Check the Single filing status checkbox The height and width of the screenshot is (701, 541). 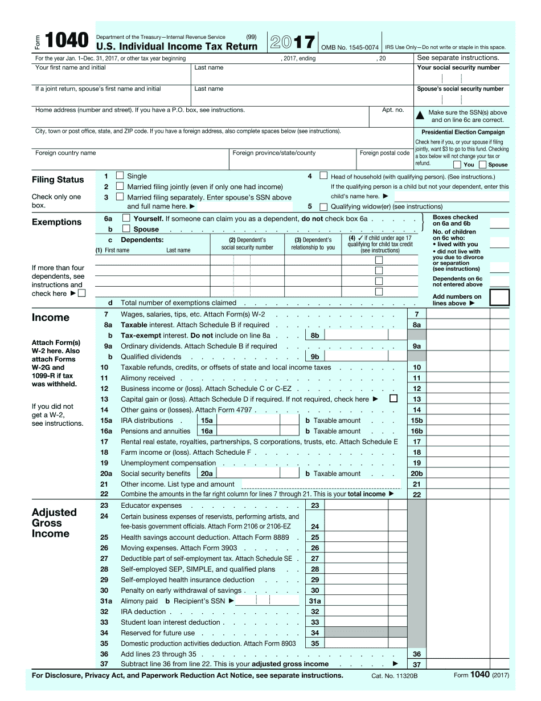click(x=120, y=176)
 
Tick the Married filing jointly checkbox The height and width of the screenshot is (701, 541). click(x=120, y=186)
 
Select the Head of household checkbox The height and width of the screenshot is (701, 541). click(x=323, y=176)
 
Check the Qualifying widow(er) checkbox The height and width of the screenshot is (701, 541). click(x=323, y=207)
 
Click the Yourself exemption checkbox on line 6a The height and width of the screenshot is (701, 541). click(x=126, y=218)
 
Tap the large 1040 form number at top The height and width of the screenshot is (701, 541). click(x=67, y=40)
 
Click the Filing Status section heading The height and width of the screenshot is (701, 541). click(x=58, y=180)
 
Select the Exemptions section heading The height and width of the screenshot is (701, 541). click(x=56, y=222)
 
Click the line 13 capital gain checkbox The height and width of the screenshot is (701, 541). click(x=393, y=399)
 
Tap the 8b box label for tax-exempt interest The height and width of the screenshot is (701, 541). click(x=315, y=336)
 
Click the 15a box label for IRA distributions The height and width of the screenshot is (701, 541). click(x=206, y=421)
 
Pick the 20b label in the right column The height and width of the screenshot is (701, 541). click(x=417, y=474)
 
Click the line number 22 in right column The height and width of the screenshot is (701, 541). click(x=417, y=495)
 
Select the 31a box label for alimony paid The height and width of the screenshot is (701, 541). click(x=315, y=601)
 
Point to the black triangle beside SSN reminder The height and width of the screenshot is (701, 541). click(x=420, y=116)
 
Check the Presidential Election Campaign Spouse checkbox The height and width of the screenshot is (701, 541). click(x=483, y=165)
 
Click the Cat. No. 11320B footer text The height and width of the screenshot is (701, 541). click(x=395, y=676)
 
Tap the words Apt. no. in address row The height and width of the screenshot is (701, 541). click(x=393, y=110)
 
